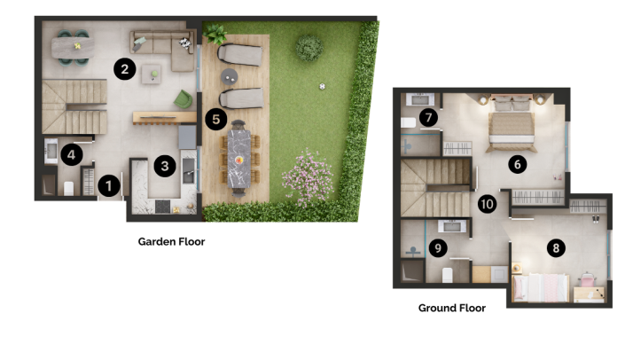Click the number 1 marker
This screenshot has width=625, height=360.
click(x=108, y=185)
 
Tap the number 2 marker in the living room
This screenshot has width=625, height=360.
click(x=125, y=68)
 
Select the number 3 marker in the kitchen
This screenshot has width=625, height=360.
click(x=162, y=164)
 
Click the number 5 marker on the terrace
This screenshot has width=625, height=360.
click(x=215, y=118)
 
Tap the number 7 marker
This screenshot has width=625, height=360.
click(x=430, y=117)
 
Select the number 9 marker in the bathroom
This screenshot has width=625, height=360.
click(x=437, y=248)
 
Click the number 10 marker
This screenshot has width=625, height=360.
click(x=487, y=203)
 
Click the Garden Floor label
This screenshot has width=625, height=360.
click(x=171, y=241)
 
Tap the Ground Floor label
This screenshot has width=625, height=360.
click(x=451, y=309)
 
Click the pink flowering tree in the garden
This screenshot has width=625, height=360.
click(x=307, y=175)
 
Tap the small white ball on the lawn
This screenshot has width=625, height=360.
click(x=323, y=86)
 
